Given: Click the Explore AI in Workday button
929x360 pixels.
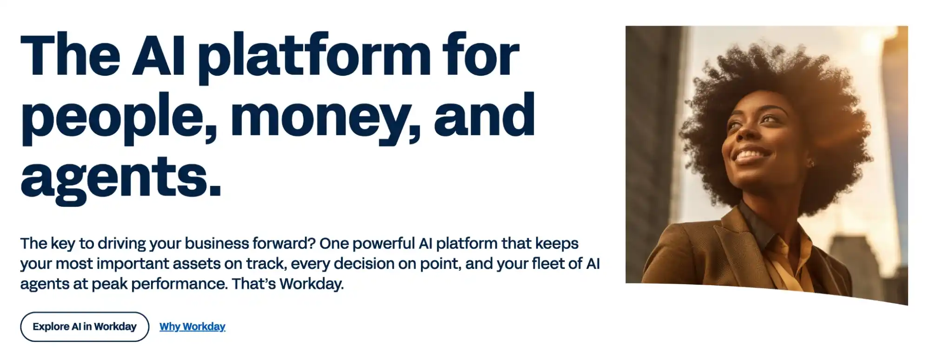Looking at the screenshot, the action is pyautogui.click(x=85, y=327).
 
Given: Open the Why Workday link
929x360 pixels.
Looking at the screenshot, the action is pyautogui.click(x=192, y=327).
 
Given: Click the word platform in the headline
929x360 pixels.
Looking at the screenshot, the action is pyautogui.click(x=315, y=58).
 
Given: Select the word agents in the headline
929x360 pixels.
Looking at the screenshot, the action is pyautogui.click(x=121, y=179).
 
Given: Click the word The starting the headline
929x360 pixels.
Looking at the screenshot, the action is pyautogui.click(x=71, y=55).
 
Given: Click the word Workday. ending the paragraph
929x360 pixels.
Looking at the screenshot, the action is pyautogui.click(x=312, y=283).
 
